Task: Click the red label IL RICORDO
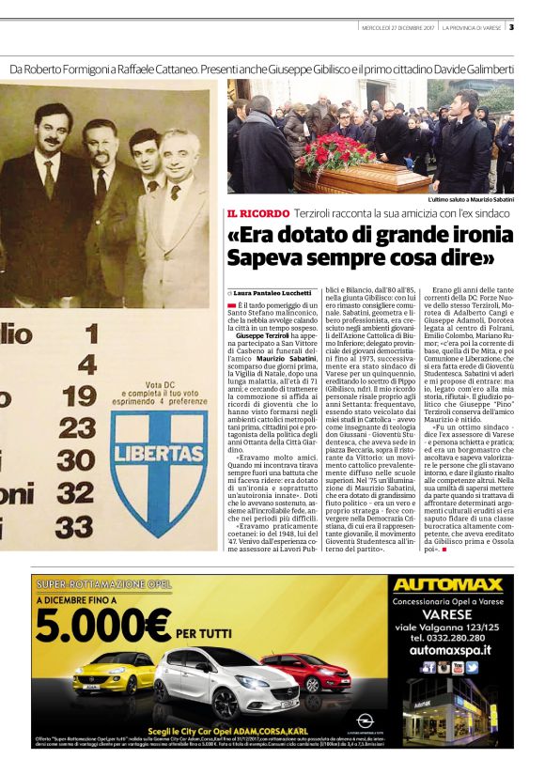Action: coord(257,213)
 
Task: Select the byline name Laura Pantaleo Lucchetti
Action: coord(273,293)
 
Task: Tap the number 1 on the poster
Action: coord(91,333)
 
